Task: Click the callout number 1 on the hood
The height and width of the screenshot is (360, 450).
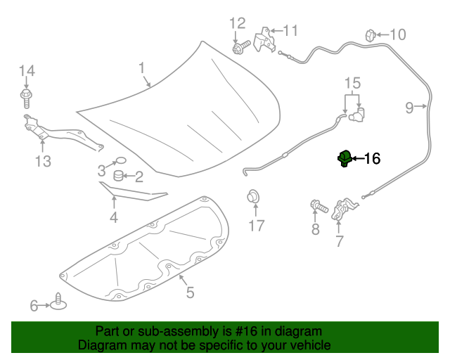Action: pyautogui.click(x=141, y=68)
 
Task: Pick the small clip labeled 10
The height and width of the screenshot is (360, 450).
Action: pyautogui.click(x=371, y=34)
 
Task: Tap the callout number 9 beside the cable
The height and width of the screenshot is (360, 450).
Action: pyautogui.click(x=409, y=107)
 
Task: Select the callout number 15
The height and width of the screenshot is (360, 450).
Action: pyautogui.click(x=352, y=84)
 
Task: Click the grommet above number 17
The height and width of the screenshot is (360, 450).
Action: pyautogui.click(x=252, y=195)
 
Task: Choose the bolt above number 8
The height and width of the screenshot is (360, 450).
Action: pyautogui.click(x=319, y=207)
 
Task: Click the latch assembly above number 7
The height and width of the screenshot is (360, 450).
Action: pyautogui.click(x=344, y=209)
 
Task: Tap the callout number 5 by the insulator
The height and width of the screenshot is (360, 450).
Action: pyautogui.click(x=190, y=292)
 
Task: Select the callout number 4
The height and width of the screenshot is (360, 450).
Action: pyautogui.click(x=113, y=218)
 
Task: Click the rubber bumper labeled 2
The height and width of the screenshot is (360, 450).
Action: pyautogui.click(x=119, y=176)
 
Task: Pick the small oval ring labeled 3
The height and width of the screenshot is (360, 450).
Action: pyautogui.click(x=120, y=161)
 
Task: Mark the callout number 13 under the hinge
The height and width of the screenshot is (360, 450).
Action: pyautogui.click(x=43, y=162)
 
